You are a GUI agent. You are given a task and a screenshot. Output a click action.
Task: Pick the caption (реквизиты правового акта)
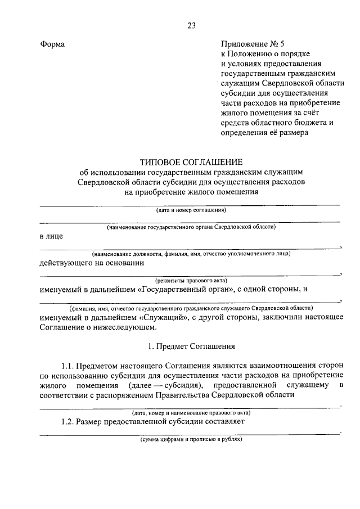pyautogui.click(x=191, y=280)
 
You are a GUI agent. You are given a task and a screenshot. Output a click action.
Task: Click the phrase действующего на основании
pyautogui.click(x=92, y=262)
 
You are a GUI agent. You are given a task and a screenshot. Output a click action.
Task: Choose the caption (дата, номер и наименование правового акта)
pyautogui.click(x=191, y=412)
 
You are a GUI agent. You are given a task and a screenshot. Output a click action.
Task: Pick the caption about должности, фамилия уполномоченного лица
pyautogui.click(x=191, y=254)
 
